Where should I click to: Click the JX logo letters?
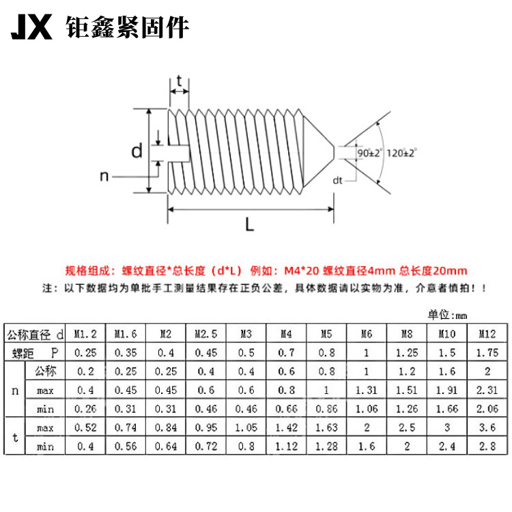[31, 28]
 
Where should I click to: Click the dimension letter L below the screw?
[250, 224]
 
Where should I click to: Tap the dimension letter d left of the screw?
[137, 151]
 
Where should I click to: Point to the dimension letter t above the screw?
[180, 82]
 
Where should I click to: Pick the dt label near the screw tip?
[337, 180]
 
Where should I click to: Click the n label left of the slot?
[104, 176]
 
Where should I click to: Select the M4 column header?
[286, 334]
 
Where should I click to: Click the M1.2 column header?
[85, 334]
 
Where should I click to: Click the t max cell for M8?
[407, 427]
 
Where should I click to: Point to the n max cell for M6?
[367, 390]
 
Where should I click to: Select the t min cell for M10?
[447, 445]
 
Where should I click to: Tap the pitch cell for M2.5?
[205, 353]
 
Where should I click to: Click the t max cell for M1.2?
[85, 427]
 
